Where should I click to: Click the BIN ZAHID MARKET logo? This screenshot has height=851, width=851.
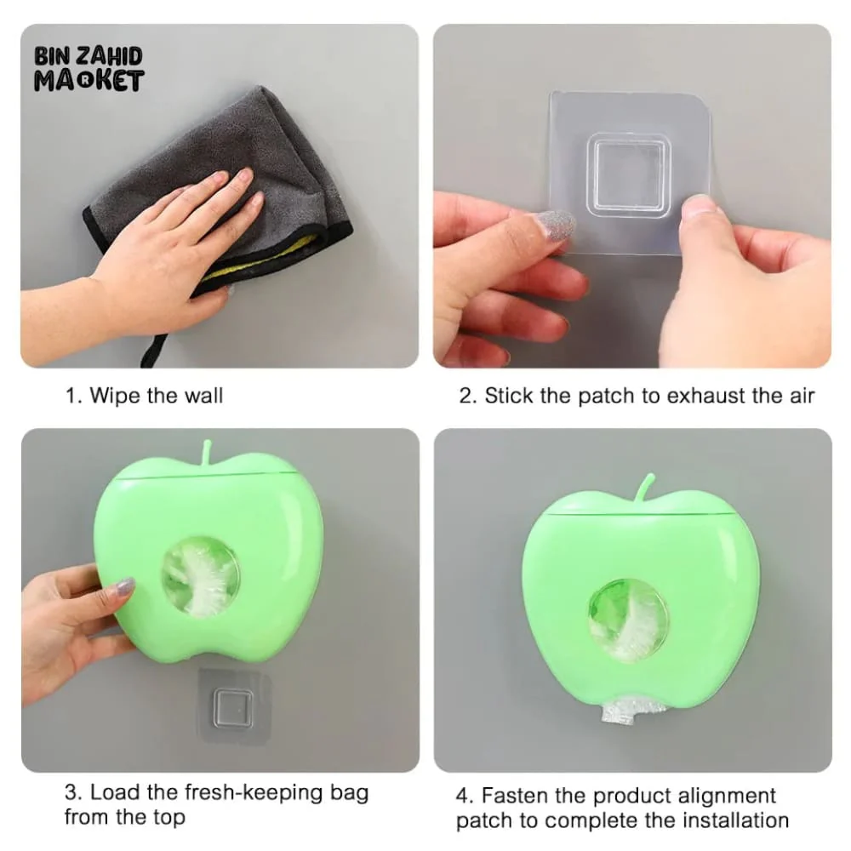(x=89, y=68)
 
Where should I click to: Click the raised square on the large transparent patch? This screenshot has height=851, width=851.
(x=629, y=172)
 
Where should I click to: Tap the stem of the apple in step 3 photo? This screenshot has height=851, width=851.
(x=206, y=454)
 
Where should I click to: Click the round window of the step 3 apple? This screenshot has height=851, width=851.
(x=201, y=576)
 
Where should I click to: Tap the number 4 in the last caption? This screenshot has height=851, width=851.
(x=462, y=797)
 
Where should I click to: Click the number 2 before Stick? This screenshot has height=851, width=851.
(x=465, y=397)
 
